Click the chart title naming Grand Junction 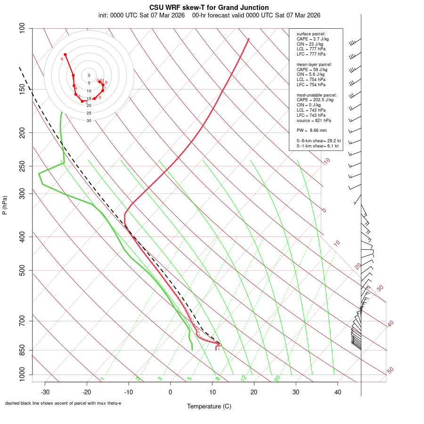coord(209,8)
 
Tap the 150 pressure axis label coord(22,89)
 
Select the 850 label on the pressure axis coord(22,350)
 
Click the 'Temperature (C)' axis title coord(209,406)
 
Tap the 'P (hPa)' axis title coord(5,205)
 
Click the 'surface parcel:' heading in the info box coord(311,34)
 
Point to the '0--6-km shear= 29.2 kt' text coord(318,141)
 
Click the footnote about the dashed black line coord(63,403)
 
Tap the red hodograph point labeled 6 coord(65,55)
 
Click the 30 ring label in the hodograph coord(89,121)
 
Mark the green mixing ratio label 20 coord(277,378)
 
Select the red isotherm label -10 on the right coord(326,162)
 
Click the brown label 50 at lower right coord(390,371)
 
